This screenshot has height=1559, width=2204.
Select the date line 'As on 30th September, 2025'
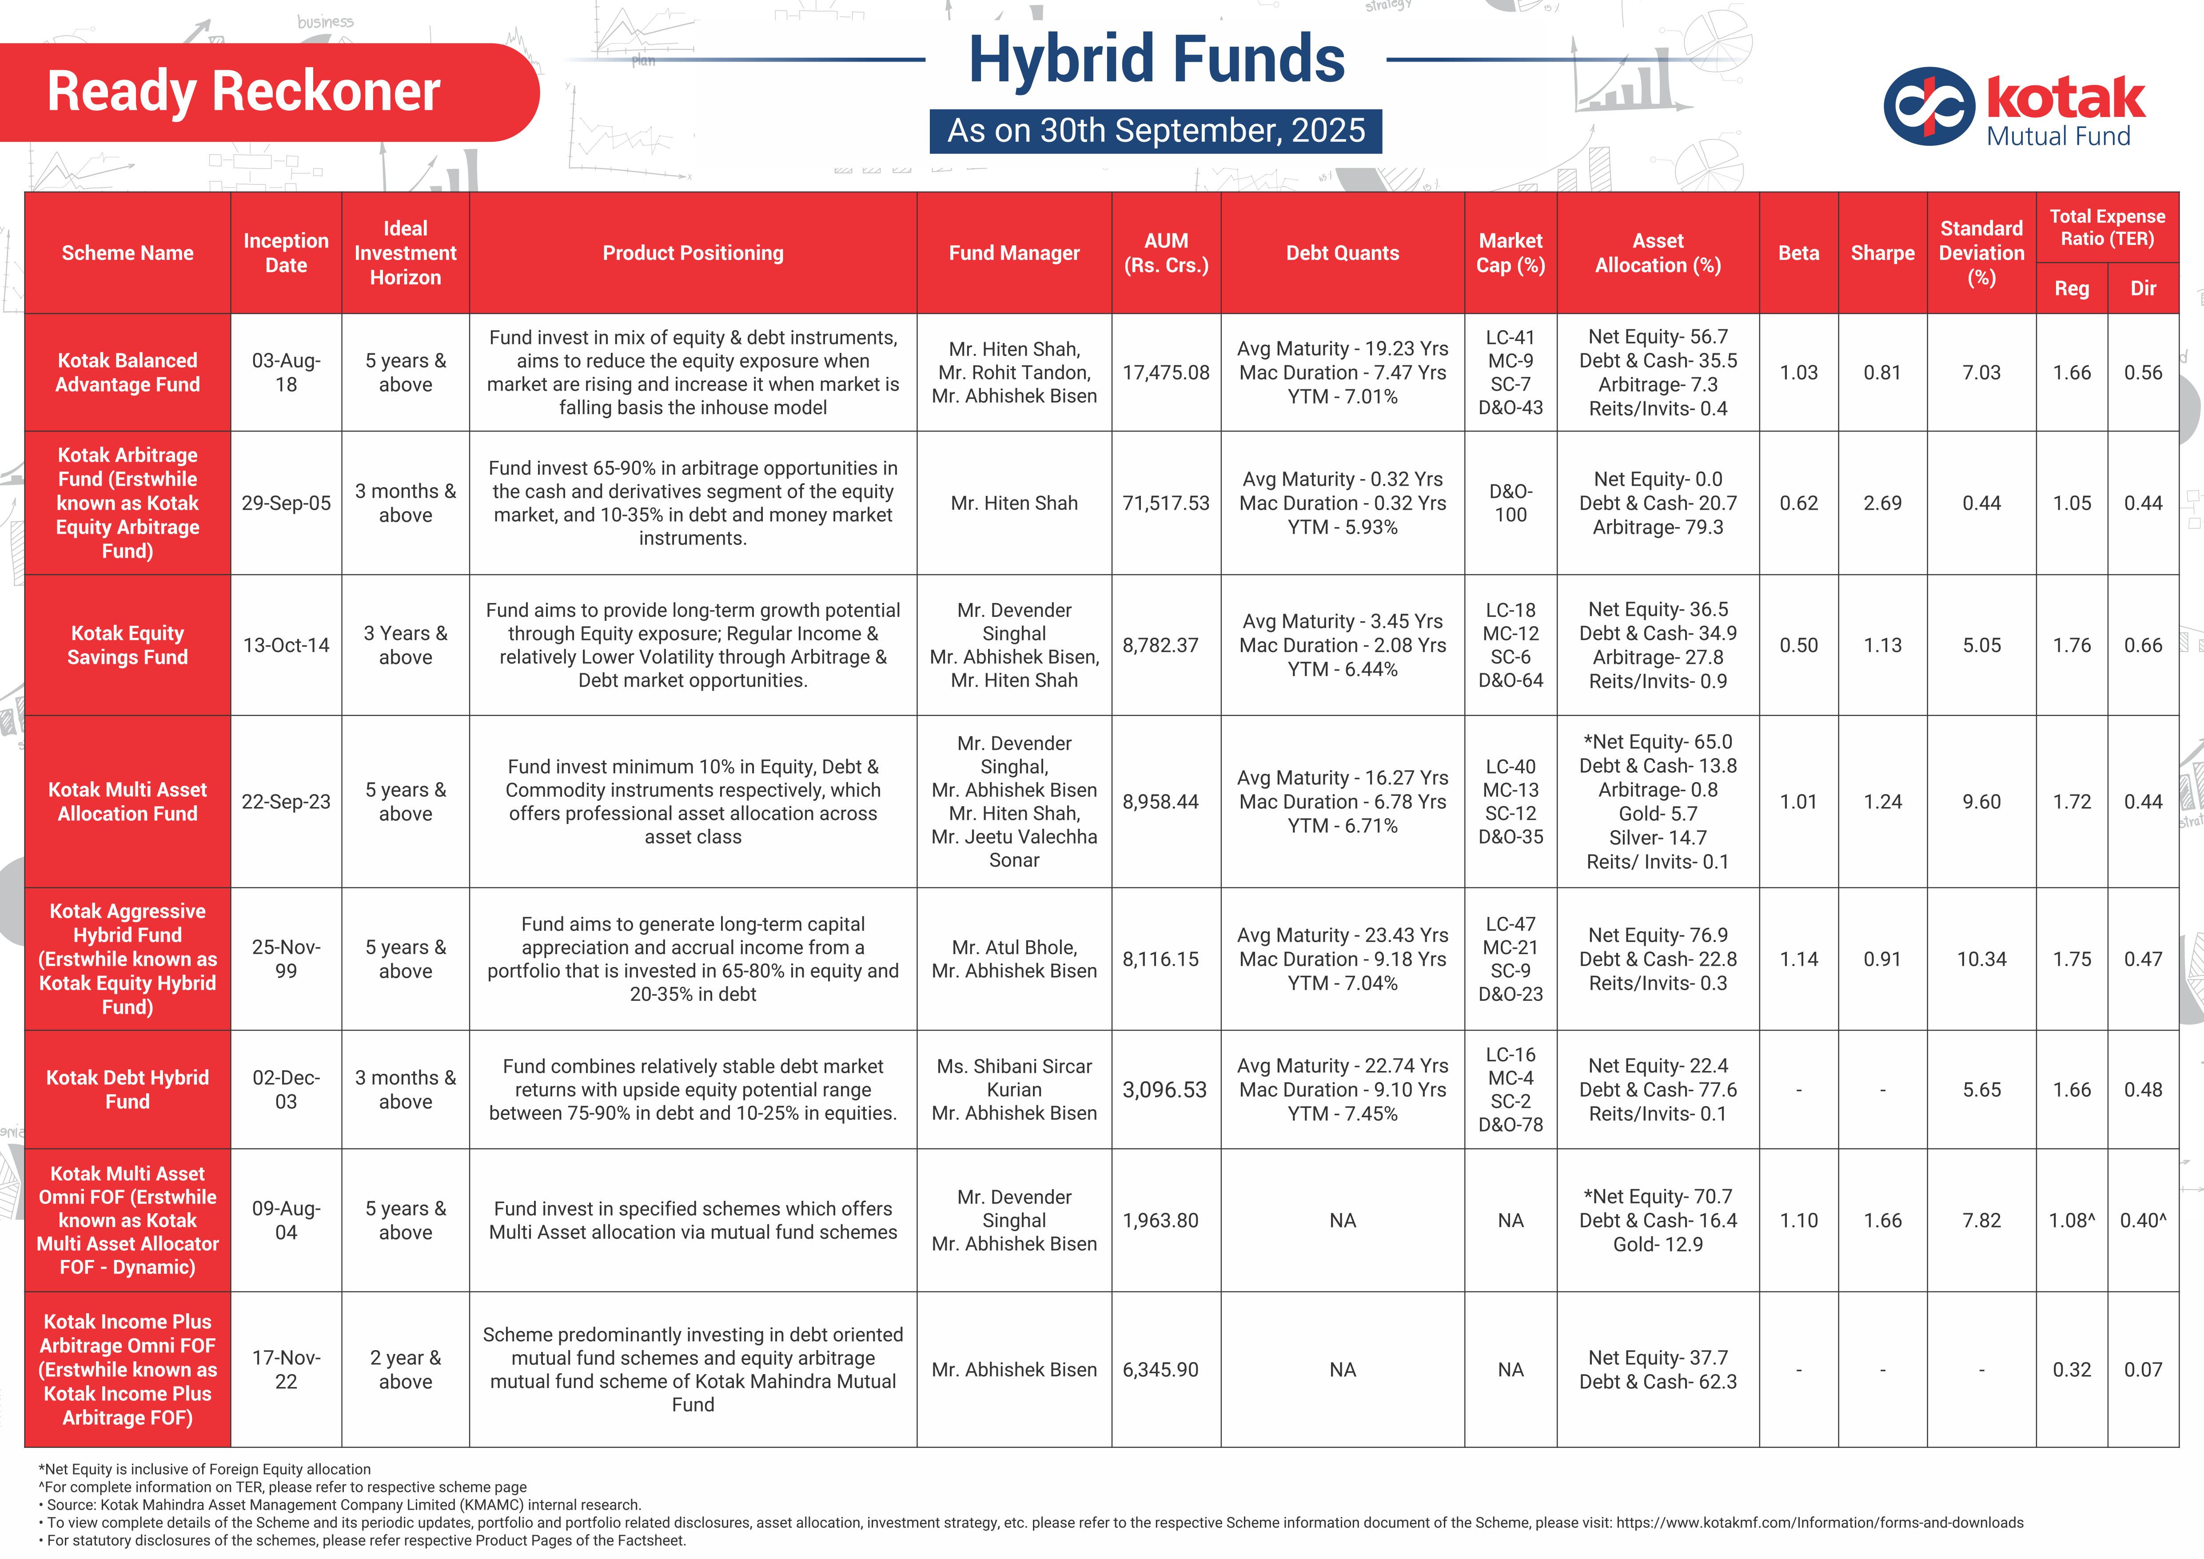click(1156, 131)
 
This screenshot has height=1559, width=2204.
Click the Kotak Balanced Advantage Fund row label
click(128, 372)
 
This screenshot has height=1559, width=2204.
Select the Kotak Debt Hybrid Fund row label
click(128, 1090)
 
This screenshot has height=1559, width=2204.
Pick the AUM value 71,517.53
click(1165, 503)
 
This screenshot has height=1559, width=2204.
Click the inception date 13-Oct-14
click(286, 645)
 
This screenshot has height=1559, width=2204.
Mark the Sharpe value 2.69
click(1881, 503)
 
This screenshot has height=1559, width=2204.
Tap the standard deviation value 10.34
click(1981, 959)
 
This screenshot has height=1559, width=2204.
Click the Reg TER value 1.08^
click(2072, 1220)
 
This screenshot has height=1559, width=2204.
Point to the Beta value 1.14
click(1798, 959)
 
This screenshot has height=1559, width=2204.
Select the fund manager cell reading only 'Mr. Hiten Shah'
click(1014, 503)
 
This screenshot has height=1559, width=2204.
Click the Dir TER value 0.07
click(2143, 1370)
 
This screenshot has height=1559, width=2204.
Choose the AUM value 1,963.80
click(1160, 1220)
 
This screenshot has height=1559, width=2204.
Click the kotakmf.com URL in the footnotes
click(1819, 1523)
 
